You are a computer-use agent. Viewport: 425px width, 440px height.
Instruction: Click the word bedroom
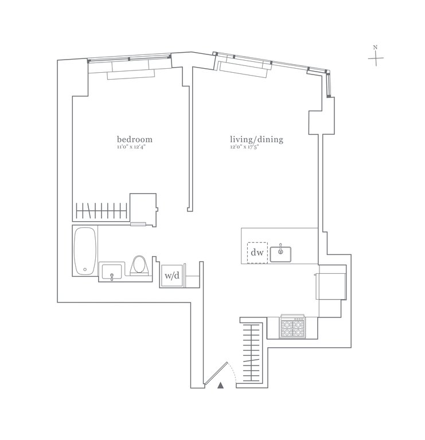pos(135,139)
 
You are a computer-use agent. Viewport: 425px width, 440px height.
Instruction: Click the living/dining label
pos(256,139)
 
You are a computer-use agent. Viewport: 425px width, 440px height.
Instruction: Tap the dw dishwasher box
pos(258,252)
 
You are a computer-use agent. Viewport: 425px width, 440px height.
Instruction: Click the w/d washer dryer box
pos(171,276)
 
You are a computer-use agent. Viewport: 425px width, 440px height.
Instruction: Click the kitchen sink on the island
pos(281,253)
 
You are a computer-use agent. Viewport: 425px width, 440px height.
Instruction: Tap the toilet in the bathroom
pos(138,266)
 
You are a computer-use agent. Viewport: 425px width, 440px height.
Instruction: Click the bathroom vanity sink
pos(112,272)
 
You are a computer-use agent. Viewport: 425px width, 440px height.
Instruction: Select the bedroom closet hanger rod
pos(102,210)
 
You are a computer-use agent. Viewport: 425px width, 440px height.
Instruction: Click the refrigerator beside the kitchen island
pos(331,285)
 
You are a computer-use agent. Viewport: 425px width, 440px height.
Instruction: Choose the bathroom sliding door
pos(139,224)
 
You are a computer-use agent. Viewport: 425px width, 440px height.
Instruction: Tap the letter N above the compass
pos(375,48)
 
